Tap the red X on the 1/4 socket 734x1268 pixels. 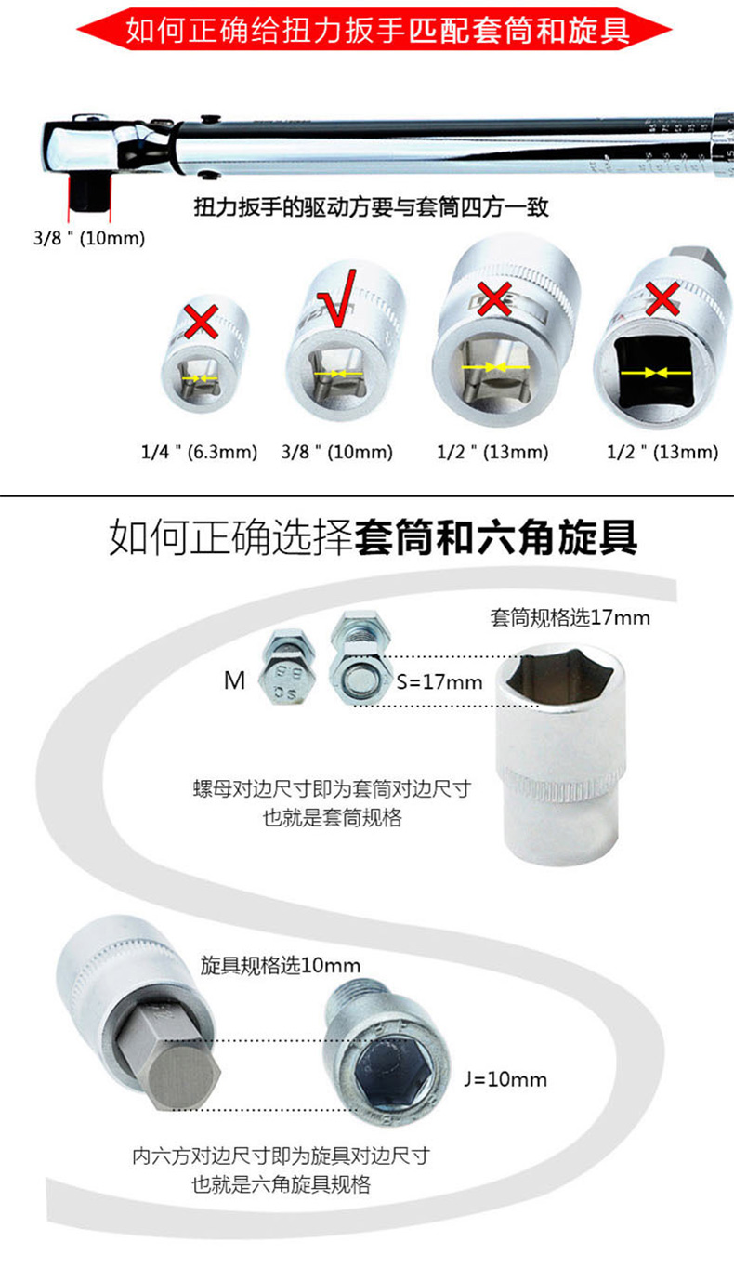(202, 321)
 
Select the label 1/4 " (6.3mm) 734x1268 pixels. (199, 452)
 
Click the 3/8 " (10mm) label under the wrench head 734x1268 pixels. (89, 238)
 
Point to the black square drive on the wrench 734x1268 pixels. (88, 192)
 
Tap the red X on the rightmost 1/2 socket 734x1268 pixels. (662, 299)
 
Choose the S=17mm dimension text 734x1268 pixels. (439, 681)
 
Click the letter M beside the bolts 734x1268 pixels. (234, 680)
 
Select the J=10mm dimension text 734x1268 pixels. (505, 1079)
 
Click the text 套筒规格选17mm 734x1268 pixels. (570, 617)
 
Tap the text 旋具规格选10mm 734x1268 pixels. (281, 965)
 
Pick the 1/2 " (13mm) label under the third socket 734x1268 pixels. (493, 452)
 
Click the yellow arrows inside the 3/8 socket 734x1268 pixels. (338, 375)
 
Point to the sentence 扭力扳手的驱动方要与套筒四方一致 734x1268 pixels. (372, 207)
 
